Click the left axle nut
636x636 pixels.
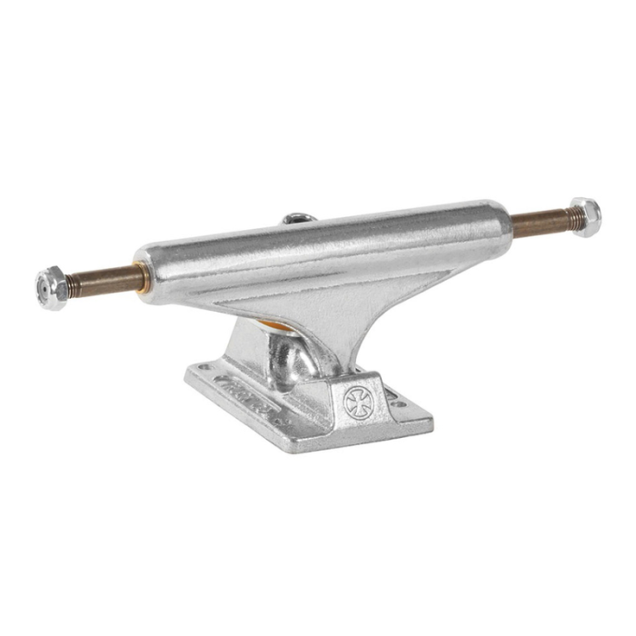pyautogui.click(x=52, y=287)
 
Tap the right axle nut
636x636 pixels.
pyautogui.click(x=584, y=217)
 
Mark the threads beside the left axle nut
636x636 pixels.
pyautogui.click(x=76, y=283)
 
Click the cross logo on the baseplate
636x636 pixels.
pyautogui.click(x=356, y=402)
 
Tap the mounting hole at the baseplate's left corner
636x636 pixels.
pyautogui.click(x=201, y=368)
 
